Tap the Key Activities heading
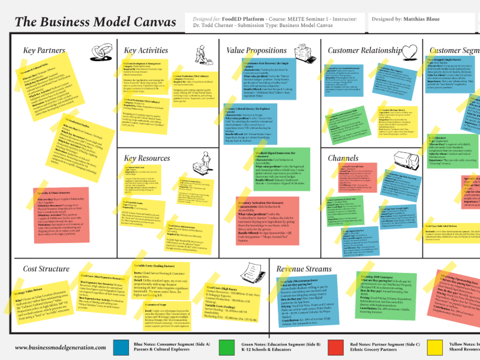[146, 50]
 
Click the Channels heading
[343, 158]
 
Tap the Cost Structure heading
[46, 269]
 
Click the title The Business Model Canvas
[95, 22]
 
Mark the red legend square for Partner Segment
[334, 347]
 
